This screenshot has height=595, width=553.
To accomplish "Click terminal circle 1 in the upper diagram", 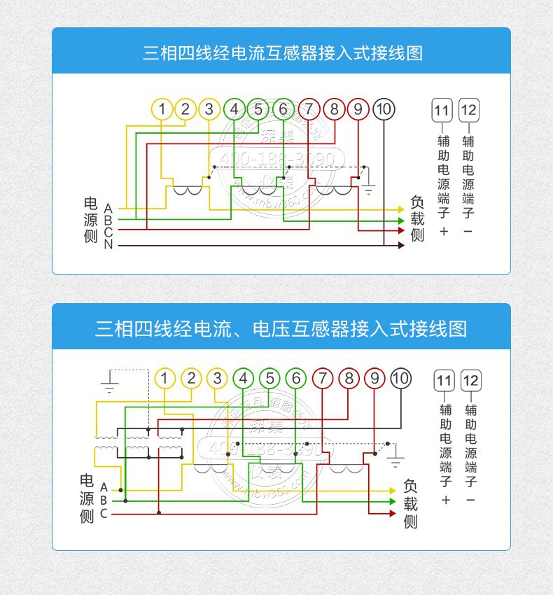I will (162, 109).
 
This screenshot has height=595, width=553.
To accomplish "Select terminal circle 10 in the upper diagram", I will (384, 109).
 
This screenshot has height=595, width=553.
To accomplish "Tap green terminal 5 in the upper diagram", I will (258, 109).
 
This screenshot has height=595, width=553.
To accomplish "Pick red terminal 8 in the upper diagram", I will (334, 109).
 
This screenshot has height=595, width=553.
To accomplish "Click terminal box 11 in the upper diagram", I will (442, 110).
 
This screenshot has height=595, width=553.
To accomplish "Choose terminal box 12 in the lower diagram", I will (470, 381).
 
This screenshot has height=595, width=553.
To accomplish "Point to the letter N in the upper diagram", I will (108, 245).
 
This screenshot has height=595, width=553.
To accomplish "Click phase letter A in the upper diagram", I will (108, 209).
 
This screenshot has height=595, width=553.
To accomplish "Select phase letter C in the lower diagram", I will (104, 514).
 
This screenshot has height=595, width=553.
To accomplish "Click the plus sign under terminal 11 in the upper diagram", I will (443, 231).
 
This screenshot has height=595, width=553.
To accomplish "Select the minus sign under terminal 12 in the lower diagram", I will (470, 500).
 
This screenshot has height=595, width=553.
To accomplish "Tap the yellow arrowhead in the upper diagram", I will (400, 209).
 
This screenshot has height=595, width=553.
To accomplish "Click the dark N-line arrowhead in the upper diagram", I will (400, 245).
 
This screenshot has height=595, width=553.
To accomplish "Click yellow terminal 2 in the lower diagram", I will (190, 379).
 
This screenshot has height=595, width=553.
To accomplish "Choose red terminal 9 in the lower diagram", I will (374, 379).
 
